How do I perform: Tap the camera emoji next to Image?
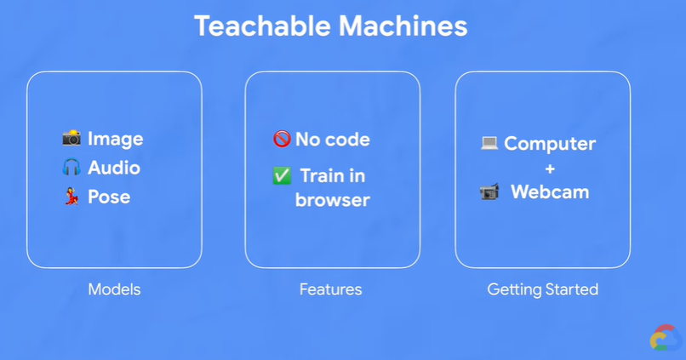(71, 138)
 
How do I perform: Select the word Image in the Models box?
(116, 139)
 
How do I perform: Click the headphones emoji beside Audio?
(71, 167)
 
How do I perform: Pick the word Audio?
(114, 168)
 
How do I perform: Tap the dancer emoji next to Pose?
(71, 197)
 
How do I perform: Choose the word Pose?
(109, 197)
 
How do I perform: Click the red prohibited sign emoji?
(282, 139)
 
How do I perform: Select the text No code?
(333, 139)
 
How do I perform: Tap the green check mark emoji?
(282, 175)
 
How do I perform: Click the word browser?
(333, 200)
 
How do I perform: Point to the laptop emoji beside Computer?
(489, 143)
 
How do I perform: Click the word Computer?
(550, 143)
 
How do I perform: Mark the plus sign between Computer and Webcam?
(550, 168)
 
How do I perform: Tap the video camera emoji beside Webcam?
(489, 192)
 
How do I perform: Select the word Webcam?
(550, 192)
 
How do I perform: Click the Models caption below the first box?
(114, 289)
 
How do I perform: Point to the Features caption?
(330, 289)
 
